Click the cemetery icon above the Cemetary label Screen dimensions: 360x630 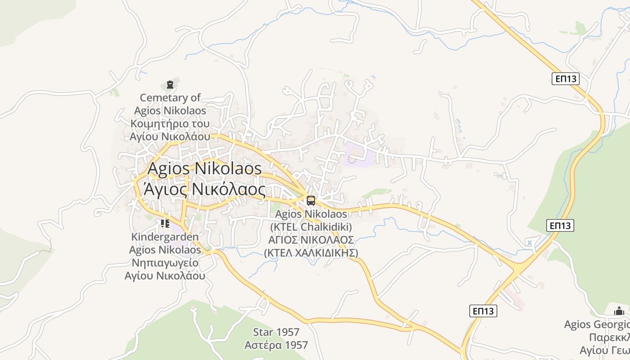click(170, 85)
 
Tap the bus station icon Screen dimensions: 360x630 click(311, 200)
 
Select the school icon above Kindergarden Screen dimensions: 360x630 click(165, 223)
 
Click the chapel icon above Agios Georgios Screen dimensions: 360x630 click(619, 311)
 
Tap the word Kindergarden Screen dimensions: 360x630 click(165, 237)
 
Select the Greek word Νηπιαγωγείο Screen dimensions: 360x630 click(165, 263)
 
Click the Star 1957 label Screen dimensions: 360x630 click(276, 332)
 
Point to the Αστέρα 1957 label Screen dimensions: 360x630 click(276, 345)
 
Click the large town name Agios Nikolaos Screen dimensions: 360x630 click(205, 169)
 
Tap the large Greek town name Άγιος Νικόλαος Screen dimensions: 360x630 click(204, 189)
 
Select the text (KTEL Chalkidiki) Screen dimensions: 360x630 click(311, 226)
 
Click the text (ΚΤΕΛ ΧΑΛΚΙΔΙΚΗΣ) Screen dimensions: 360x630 click(311, 252)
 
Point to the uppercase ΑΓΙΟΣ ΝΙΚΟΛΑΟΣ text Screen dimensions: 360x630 click(311, 239)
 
